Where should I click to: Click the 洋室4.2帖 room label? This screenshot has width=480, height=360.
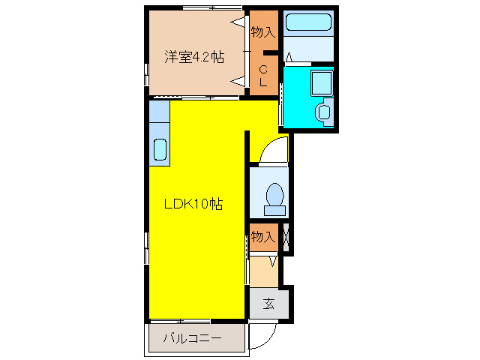(194, 57)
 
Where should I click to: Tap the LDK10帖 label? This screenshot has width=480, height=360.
(193, 203)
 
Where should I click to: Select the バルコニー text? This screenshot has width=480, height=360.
(193, 338)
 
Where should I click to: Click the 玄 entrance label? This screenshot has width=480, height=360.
(268, 304)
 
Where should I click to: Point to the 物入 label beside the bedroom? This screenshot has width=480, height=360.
(263, 32)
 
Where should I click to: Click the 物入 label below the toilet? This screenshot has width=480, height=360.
(262, 237)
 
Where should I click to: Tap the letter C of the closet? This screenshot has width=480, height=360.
(263, 69)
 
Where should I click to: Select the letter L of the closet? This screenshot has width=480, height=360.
(263, 82)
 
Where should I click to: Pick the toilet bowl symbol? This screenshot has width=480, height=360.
(274, 196)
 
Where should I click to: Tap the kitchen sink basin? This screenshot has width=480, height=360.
(160, 148)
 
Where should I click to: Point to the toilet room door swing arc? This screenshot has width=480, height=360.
(270, 150)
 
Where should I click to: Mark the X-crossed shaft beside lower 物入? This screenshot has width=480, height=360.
(286, 238)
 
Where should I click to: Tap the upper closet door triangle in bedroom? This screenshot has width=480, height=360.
(238, 23)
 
